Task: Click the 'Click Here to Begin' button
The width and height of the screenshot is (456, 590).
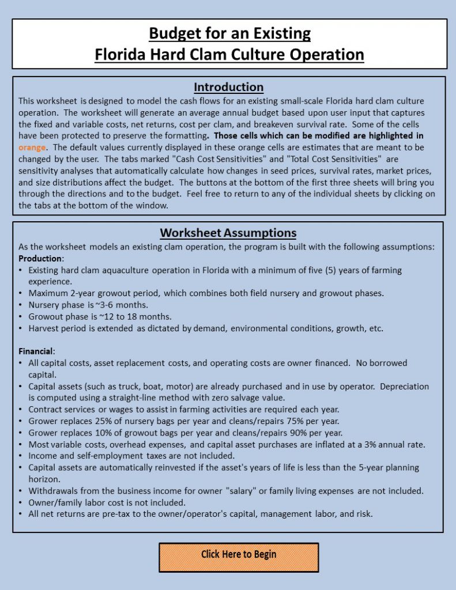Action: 239,554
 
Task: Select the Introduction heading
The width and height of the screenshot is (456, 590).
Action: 228,87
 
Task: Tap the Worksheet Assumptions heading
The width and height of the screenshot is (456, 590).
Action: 228,233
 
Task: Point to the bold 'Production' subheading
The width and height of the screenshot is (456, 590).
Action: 40,258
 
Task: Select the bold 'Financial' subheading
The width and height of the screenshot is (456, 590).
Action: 36,351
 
